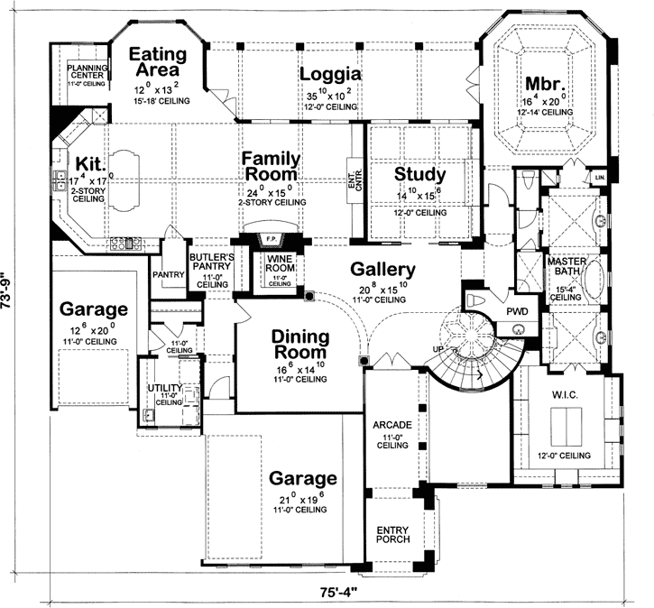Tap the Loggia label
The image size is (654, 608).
click(330, 74)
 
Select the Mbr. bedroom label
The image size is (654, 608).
click(545, 86)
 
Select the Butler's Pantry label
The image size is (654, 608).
click(212, 263)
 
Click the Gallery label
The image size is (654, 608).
click(382, 270)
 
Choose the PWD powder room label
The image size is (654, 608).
click(517, 310)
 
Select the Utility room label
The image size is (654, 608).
click(165, 388)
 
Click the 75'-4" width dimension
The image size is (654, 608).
click(341, 593)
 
